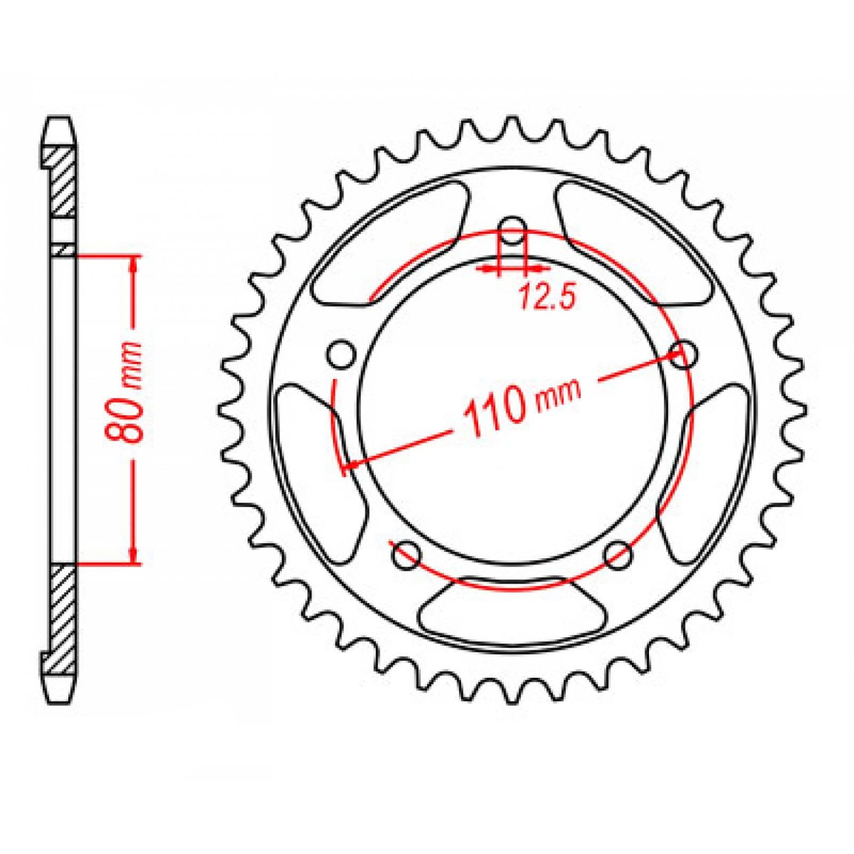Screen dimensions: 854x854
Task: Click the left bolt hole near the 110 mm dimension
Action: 342,354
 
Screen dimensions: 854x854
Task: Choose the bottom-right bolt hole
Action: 618,555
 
